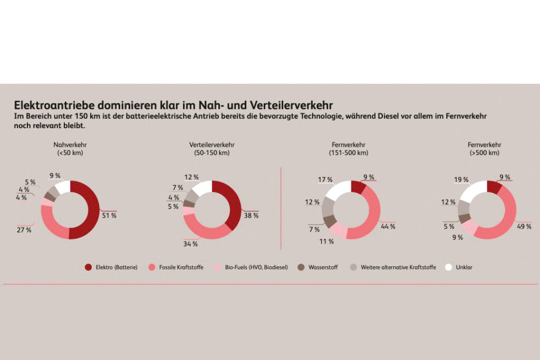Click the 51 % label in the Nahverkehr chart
coord(109,216)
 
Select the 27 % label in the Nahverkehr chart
coord(24,230)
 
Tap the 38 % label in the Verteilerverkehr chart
coord(251,216)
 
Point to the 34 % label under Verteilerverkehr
coord(191,244)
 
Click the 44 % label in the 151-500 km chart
coord(388,227)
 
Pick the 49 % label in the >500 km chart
coord(524,227)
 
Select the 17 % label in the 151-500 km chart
coord(325,180)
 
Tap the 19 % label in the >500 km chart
coord(461,180)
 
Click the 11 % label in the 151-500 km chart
coord(326,241)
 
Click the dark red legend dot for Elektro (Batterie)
coord(88,267)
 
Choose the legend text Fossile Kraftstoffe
coord(181,267)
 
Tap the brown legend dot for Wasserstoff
coord(301,267)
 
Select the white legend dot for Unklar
coord(449,267)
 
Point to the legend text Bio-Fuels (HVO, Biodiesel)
coord(256,267)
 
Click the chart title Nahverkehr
coord(70,145)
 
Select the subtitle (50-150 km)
coord(212,153)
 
